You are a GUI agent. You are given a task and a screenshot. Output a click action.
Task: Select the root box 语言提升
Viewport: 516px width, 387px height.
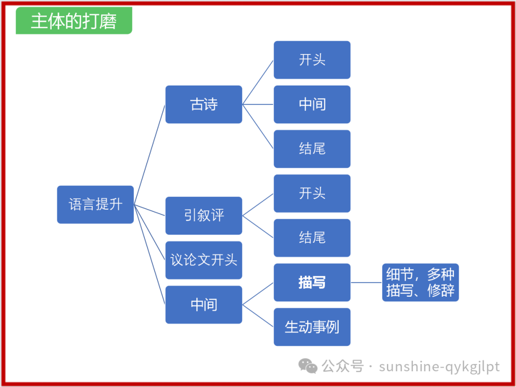[x=95, y=204]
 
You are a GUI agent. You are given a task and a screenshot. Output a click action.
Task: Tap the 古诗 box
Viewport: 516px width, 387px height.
[x=204, y=104]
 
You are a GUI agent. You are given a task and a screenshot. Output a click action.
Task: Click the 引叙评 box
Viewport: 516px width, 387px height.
[x=204, y=215]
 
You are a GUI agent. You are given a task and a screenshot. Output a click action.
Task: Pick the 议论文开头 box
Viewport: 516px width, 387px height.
[x=204, y=260]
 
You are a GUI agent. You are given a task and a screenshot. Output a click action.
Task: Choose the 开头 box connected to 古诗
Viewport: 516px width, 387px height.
[x=312, y=60]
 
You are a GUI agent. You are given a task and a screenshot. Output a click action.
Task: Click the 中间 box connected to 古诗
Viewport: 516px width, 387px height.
[x=312, y=104]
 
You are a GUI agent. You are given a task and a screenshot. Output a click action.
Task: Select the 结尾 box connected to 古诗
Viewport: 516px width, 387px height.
[x=312, y=149]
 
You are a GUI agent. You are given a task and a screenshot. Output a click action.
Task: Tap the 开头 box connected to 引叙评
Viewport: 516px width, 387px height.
[x=312, y=193]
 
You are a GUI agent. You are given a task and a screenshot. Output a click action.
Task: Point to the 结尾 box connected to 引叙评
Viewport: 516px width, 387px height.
[x=312, y=237]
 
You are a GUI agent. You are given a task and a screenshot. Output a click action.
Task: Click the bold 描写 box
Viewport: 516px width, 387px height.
[x=312, y=282]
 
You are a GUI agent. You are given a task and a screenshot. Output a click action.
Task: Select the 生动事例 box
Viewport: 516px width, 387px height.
[x=312, y=327]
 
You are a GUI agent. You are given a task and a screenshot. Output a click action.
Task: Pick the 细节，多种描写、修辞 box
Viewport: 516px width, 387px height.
[x=420, y=282]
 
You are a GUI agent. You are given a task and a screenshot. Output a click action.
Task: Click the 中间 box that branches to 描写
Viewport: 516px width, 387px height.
[x=204, y=304]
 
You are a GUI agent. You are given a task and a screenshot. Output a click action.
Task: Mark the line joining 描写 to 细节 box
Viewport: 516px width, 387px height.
[x=366, y=282]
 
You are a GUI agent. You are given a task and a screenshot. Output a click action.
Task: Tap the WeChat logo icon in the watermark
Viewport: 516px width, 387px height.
[x=308, y=366]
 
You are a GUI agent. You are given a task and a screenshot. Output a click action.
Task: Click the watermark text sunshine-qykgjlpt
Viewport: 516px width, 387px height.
[x=439, y=366]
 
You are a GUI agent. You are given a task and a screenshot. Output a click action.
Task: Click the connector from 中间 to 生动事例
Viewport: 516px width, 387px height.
[x=258, y=316]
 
